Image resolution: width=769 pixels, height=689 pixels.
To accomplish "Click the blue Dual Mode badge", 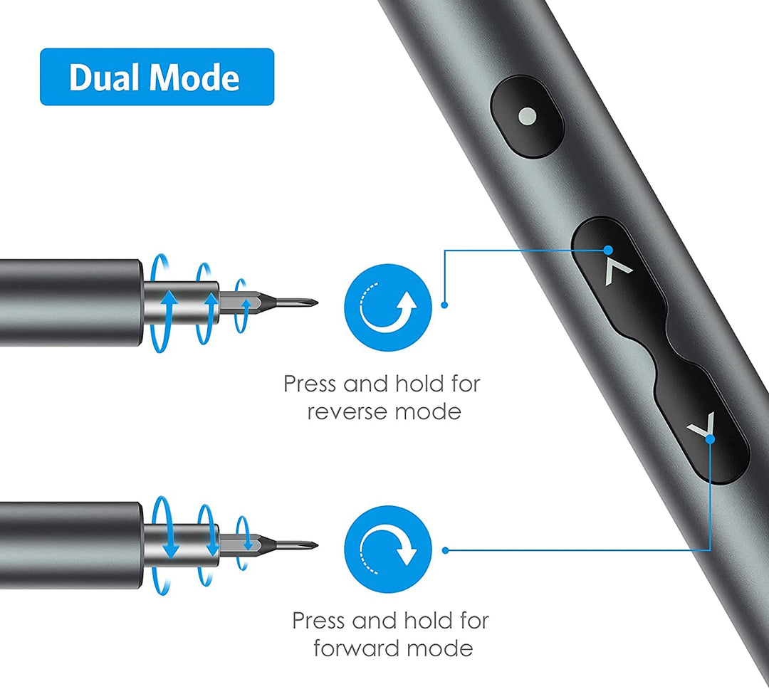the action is [157, 76].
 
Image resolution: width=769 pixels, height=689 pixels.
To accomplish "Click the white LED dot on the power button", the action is [527, 116].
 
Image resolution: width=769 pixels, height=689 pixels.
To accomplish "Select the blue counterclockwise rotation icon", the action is [388, 307].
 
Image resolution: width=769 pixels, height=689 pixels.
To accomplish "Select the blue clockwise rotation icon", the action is [388, 549].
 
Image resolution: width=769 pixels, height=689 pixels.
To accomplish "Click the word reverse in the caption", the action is [348, 412].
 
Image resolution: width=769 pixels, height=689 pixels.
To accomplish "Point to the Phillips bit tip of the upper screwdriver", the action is [316, 303].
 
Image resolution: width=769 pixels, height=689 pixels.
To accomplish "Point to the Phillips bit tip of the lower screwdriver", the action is [316, 545].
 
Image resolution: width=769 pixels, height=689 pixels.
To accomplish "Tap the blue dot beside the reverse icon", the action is [445, 305].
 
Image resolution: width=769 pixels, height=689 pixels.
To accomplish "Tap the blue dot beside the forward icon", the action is [445, 550].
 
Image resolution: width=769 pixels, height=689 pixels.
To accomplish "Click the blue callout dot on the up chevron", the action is [608, 250].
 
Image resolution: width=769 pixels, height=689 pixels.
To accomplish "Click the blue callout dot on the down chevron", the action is [710, 439].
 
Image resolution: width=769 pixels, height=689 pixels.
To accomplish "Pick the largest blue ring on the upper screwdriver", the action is [160, 303].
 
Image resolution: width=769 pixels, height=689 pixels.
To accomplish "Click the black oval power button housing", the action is [527, 117].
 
